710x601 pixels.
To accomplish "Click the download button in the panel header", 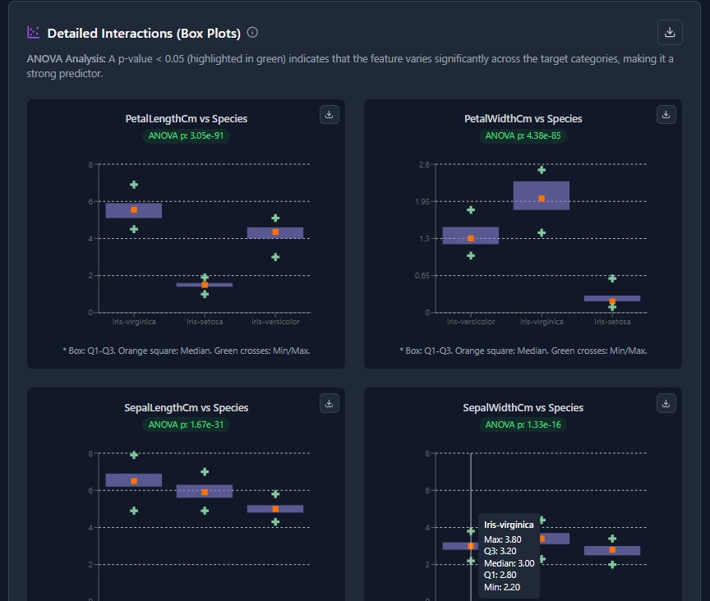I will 670,32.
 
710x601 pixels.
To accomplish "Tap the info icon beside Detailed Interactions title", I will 252,33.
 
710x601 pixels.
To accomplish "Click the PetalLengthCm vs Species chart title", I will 186,119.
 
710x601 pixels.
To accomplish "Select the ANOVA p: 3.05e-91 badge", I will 186,135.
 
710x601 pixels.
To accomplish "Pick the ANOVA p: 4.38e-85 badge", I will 523,135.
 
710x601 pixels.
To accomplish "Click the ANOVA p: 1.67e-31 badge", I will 186,424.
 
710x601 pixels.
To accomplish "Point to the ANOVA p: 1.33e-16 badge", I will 523,424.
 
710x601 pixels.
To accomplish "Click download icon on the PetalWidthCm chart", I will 666,114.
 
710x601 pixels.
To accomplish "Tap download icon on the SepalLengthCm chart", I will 329,403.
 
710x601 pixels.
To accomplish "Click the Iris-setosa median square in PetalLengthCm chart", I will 205,285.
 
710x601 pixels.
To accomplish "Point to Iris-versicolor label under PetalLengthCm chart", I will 275,322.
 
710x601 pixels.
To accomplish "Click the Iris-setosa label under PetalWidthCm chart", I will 612,322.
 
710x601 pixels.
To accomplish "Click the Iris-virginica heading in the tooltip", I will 509,525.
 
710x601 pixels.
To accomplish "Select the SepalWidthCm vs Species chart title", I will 523,408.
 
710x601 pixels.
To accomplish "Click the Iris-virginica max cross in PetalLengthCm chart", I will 134,185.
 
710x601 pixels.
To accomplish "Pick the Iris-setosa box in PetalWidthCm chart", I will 612,298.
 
